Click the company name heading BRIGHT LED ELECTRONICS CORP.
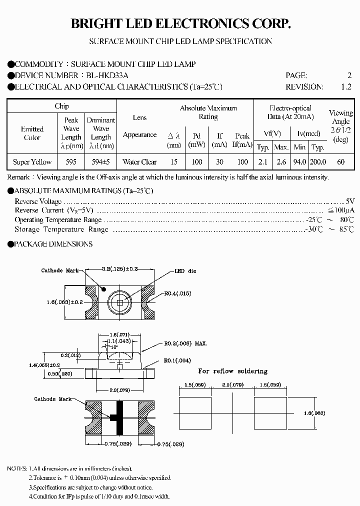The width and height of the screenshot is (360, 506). (180, 23)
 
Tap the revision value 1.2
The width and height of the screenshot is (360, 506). (346, 86)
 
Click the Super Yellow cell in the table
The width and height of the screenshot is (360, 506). (32, 161)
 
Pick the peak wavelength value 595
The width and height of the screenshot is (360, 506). (71, 161)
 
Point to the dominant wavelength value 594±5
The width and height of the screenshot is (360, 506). (100, 161)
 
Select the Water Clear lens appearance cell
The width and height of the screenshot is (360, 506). (139, 161)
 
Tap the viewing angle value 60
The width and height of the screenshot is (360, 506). (340, 161)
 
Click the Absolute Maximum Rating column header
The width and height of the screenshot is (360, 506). (208, 112)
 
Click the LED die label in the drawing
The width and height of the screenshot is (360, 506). (185, 271)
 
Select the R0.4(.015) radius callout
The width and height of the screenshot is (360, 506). (178, 293)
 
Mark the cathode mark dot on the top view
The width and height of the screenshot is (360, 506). (104, 289)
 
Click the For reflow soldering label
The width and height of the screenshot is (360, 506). (232, 371)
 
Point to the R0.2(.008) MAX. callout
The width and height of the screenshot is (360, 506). (185, 343)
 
